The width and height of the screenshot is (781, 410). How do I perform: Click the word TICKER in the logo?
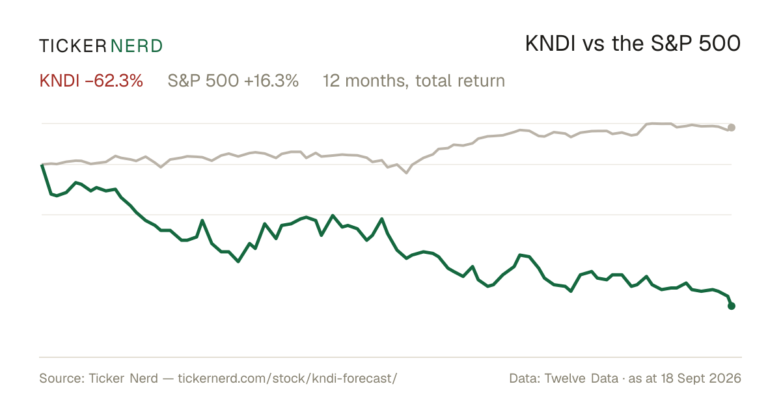[x=72, y=46]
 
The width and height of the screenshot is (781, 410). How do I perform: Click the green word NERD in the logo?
[x=136, y=46]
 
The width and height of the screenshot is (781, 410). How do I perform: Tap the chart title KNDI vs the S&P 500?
[x=633, y=44]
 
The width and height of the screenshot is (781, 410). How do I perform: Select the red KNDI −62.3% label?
[x=91, y=81]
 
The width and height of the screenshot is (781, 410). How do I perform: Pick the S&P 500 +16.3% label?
[x=233, y=81]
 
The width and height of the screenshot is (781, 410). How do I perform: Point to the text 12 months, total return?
[x=414, y=81]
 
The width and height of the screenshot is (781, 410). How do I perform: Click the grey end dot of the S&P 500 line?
[x=732, y=128]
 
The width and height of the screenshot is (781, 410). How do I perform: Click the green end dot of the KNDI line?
[x=732, y=306]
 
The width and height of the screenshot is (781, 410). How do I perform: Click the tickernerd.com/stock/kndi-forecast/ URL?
[x=287, y=378]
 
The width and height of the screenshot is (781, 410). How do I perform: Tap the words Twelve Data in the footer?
[x=581, y=378]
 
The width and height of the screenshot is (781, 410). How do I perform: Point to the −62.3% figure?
[x=114, y=81]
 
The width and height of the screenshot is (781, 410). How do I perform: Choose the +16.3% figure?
[x=271, y=81]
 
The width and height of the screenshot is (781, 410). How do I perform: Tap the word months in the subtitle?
[x=377, y=81]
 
